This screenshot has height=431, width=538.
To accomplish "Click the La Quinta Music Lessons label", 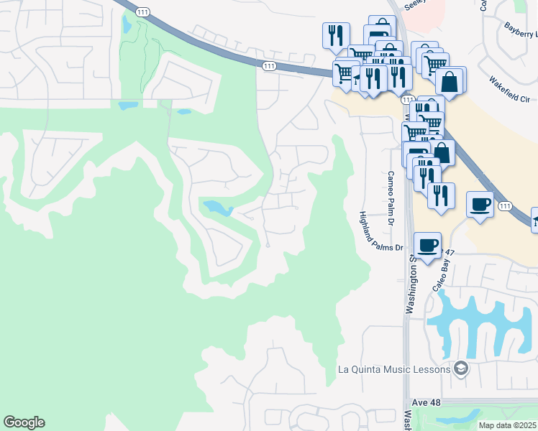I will (394, 370).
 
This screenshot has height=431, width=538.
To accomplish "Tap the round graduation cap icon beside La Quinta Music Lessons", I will (460, 369).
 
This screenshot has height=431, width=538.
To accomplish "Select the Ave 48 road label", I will (426, 404).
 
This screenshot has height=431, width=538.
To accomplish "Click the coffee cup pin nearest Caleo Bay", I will (428, 246).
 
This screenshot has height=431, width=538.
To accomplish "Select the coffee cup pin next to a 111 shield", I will (480, 205).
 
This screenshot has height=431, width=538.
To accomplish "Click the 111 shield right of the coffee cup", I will (505, 206).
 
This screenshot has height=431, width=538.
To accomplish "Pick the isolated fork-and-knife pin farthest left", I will (335, 36).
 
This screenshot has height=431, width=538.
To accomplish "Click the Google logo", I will (24, 422).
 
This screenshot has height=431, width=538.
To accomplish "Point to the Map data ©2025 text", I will (507, 425).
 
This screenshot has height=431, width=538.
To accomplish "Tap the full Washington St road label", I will (411, 283).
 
